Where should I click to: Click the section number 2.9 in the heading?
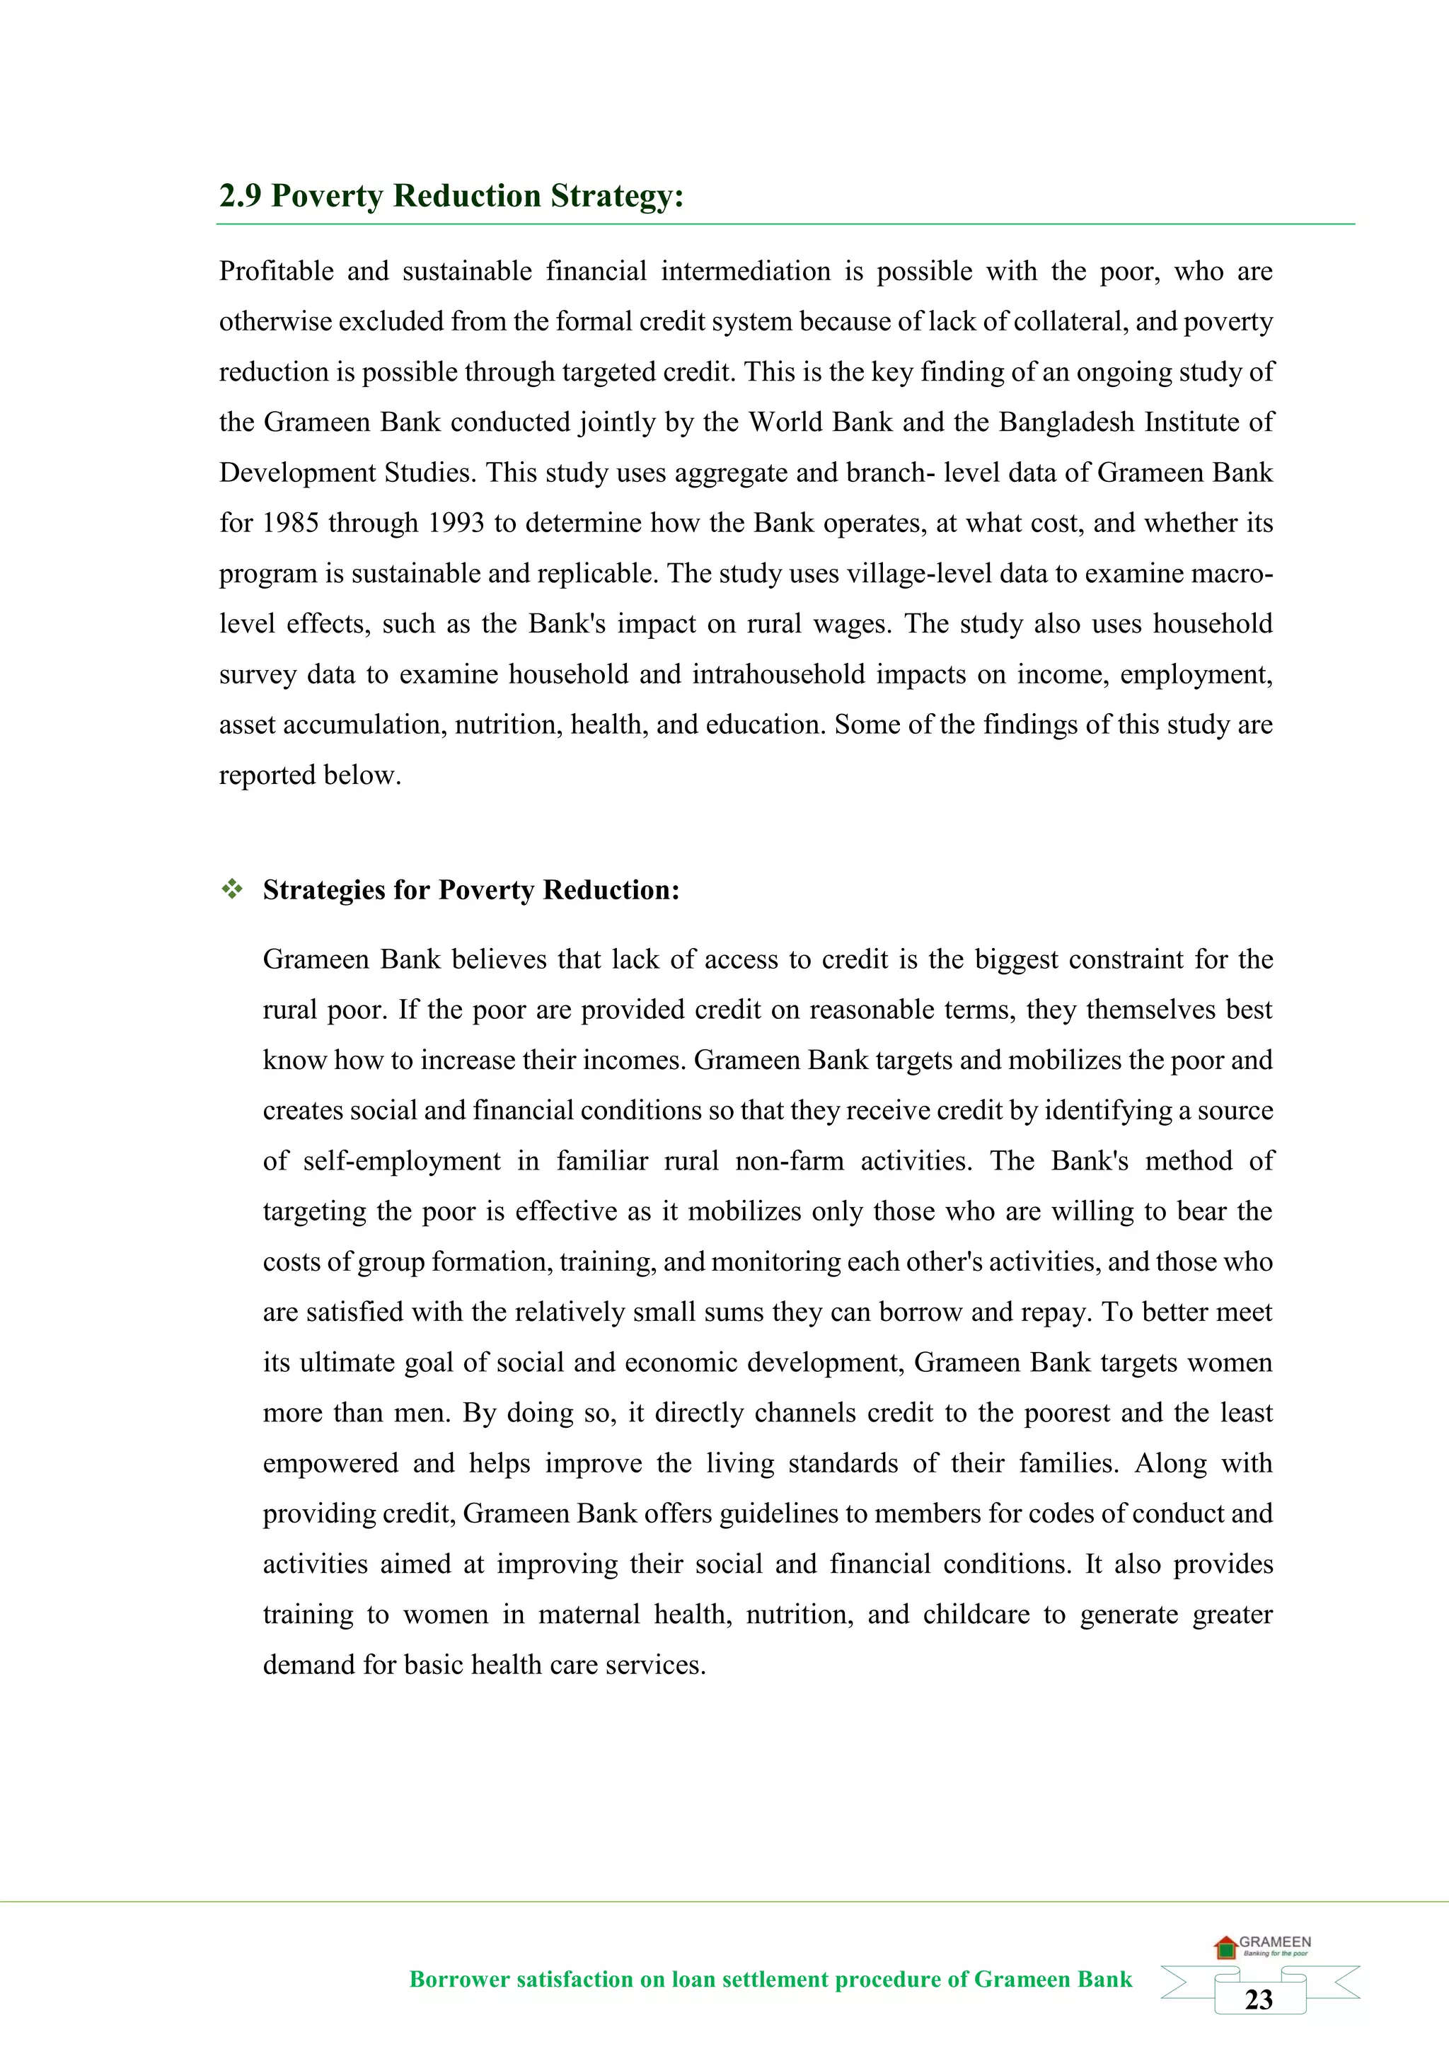(x=239, y=195)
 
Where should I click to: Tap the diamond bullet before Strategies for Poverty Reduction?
(x=232, y=889)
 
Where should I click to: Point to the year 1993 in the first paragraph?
(x=456, y=523)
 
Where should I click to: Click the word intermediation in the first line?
(x=745, y=271)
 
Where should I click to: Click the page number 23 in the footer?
(x=1258, y=2000)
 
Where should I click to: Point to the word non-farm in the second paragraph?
(x=789, y=1161)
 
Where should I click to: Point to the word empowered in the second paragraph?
(x=330, y=1464)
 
